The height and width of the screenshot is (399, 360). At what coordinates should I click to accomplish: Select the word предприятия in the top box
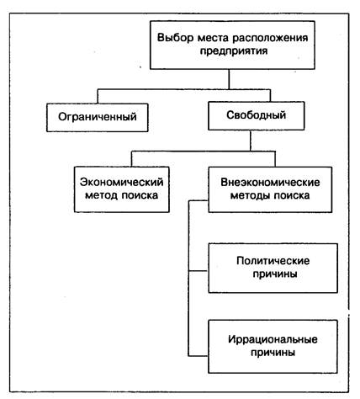tap(234, 51)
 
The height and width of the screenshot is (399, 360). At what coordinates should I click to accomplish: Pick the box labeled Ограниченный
tap(98, 118)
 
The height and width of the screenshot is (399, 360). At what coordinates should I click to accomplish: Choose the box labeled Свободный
tap(257, 116)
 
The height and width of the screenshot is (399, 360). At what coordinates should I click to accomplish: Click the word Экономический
tap(122, 182)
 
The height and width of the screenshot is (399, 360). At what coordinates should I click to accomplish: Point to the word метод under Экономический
tap(102, 195)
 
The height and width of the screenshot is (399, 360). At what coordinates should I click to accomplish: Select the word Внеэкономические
tap(270, 183)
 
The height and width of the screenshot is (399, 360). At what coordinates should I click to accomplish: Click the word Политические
tap(273, 261)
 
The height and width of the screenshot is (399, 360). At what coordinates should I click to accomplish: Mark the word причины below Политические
tap(275, 274)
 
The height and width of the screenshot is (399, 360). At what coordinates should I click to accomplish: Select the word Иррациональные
tap(273, 339)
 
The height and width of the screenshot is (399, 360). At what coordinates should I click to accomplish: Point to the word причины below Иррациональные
tap(273, 353)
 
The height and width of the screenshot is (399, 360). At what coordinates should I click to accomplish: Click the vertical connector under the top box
tap(229, 79)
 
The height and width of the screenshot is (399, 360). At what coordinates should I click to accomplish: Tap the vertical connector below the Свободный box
tap(251, 141)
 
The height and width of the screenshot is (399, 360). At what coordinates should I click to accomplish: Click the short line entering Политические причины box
tap(199, 271)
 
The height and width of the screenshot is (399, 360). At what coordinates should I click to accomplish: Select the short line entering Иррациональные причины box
tap(199, 356)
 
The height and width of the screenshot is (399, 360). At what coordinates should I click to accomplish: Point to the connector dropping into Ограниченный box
tap(98, 97)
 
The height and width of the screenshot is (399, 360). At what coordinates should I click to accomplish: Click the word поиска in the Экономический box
tap(140, 195)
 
